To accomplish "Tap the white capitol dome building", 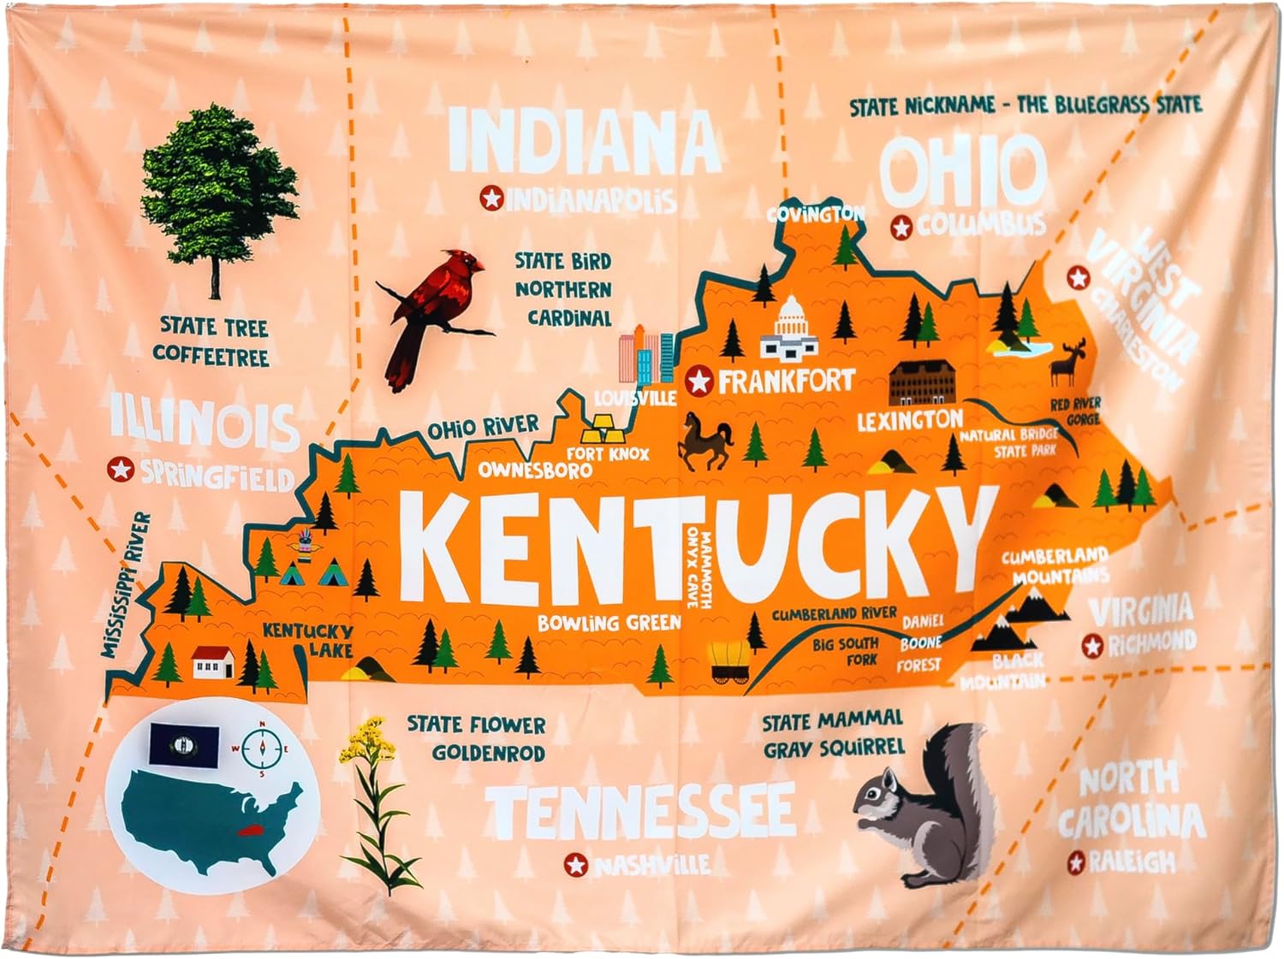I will point(788,329).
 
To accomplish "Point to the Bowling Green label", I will point(609,623).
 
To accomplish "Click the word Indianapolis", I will point(591,200).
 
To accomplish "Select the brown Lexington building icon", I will point(921,383).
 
